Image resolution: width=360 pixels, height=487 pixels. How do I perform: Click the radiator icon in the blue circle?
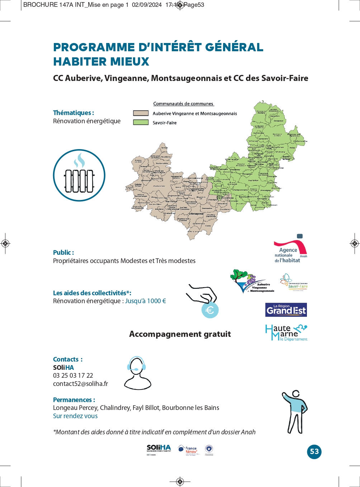pyautogui.click(x=79, y=176)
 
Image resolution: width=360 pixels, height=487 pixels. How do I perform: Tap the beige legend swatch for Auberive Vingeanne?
pyautogui.click(x=141, y=113)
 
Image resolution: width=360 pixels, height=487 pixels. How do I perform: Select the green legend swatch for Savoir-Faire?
pyautogui.click(x=141, y=122)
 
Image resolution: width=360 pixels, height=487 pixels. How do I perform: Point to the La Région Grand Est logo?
pyautogui.click(x=286, y=310)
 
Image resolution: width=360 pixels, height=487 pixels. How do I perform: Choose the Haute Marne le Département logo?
pyautogui.click(x=286, y=333)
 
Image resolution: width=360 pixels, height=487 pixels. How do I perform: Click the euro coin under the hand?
pyautogui.click(x=210, y=310)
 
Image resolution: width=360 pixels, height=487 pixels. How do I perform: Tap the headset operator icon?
pyautogui.click(x=137, y=373)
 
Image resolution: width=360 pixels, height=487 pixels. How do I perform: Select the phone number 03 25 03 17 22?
pyautogui.click(x=73, y=376)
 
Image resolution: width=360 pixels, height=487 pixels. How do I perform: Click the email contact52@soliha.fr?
pyautogui.click(x=80, y=384)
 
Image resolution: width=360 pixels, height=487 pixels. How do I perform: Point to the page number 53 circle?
pyautogui.click(x=314, y=452)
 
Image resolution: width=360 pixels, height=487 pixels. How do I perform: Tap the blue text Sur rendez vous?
pyautogui.click(x=75, y=416)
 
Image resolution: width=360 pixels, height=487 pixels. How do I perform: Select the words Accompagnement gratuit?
pyautogui.click(x=180, y=334)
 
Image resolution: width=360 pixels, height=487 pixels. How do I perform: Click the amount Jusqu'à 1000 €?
pyautogui.click(x=146, y=301)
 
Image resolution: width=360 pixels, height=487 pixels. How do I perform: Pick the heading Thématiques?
pyautogui.click(x=74, y=113)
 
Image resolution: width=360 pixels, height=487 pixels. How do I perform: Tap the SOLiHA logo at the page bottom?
pyautogui.click(x=159, y=449)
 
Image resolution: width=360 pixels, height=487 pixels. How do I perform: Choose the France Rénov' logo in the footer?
pyautogui.click(x=188, y=450)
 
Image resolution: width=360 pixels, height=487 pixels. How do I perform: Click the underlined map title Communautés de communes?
pyautogui.click(x=183, y=104)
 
